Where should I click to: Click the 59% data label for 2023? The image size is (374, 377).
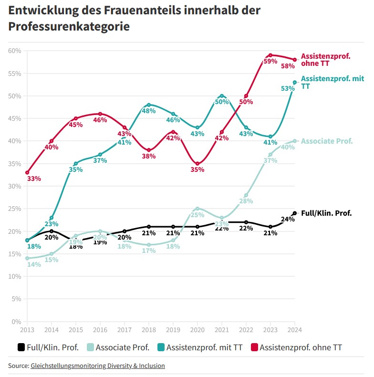click(x=270, y=62)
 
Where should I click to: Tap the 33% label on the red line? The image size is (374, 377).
click(x=34, y=178)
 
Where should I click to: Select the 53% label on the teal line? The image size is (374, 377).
click(x=288, y=89)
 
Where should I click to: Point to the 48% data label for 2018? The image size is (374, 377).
click(x=149, y=111)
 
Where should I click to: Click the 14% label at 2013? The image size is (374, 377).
click(x=34, y=264)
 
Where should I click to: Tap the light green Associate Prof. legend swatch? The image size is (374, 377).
click(x=89, y=347)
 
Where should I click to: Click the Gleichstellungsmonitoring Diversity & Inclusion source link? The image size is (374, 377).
click(x=98, y=366)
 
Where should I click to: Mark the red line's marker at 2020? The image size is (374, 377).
click(x=197, y=164)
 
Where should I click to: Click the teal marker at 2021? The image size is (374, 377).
click(x=222, y=96)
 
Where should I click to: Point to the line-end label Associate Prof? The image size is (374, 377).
click(x=327, y=141)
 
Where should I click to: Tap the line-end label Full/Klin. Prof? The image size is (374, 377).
click(x=326, y=213)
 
